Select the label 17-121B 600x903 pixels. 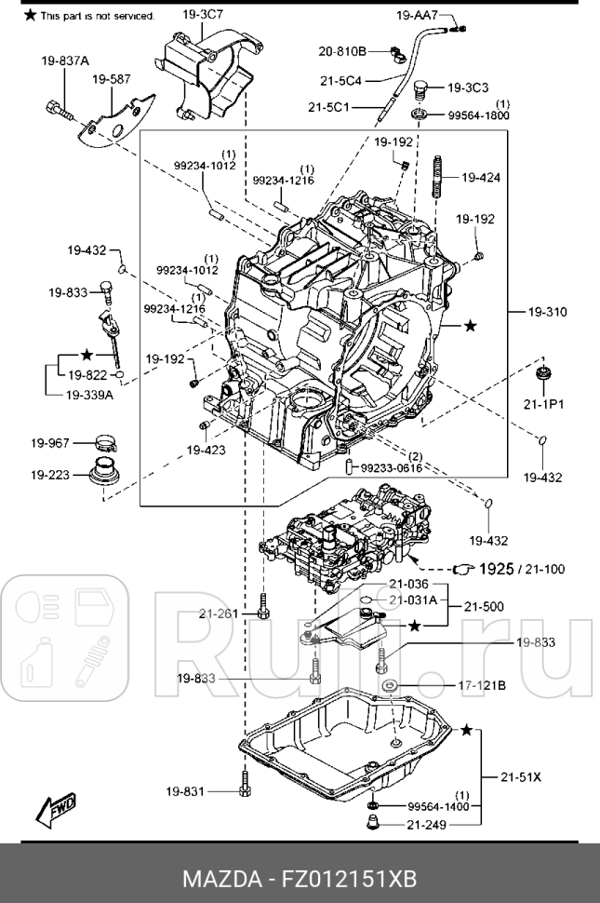(482, 686)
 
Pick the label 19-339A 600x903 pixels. (89, 395)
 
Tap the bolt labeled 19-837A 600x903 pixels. (58, 109)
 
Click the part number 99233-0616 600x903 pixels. (392, 468)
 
